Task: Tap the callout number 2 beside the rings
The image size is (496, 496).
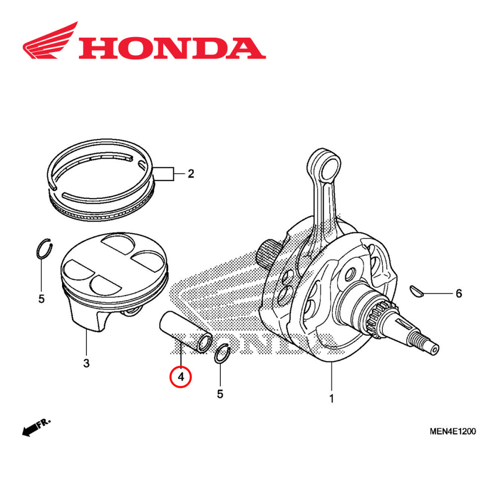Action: click(x=190, y=174)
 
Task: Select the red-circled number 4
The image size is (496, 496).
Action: click(x=181, y=377)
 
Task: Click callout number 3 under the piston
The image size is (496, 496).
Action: click(x=86, y=364)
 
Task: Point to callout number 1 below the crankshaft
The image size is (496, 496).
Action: click(x=331, y=398)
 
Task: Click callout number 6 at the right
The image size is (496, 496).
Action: click(x=458, y=294)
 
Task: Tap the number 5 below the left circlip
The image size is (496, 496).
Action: click(x=42, y=299)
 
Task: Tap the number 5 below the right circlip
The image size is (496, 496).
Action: click(x=220, y=394)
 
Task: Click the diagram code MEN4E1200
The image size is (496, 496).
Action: click(x=452, y=432)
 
